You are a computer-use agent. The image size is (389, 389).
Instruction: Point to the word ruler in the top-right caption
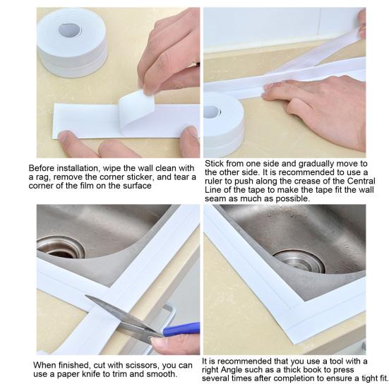point(215,181)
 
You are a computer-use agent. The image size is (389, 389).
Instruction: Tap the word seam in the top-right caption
point(217,199)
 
